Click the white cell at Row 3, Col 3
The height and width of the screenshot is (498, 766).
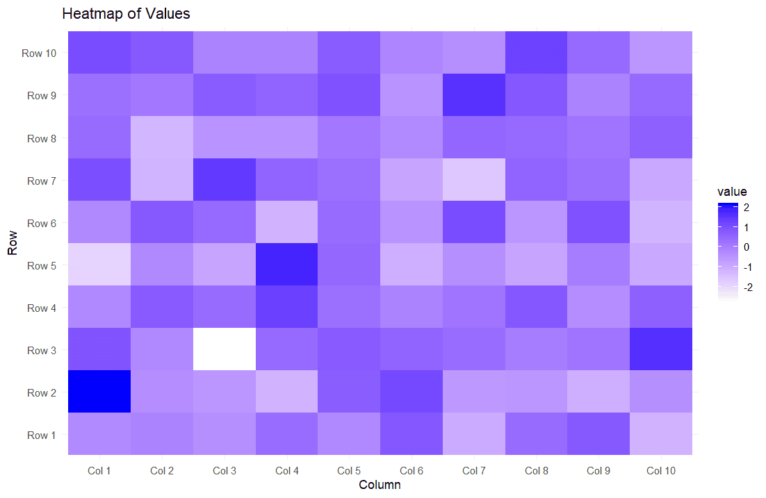click(225, 349)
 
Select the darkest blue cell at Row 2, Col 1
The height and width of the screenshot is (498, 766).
click(99, 392)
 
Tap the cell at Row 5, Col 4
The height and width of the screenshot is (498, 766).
click(287, 265)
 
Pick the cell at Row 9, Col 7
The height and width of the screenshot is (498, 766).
click(474, 95)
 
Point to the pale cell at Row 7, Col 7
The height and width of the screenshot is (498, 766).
click(474, 180)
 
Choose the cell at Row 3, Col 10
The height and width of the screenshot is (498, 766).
click(660, 349)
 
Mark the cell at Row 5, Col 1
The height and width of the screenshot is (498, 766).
click(99, 265)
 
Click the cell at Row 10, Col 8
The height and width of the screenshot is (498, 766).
click(536, 53)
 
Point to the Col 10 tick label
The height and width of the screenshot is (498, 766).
click(660, 471)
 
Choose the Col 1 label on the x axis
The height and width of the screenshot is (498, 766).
click(99, 471)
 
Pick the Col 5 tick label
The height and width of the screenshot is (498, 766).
click(349, 471)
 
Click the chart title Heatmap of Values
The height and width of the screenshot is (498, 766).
click(126, 13)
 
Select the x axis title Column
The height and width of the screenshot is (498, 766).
click(380, 485)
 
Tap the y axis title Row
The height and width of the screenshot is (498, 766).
click(13, 244)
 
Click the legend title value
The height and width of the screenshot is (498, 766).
click(733, 192)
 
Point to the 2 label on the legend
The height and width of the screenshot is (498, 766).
click(746, 207)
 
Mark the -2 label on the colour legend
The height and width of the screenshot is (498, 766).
click(748, 288)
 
